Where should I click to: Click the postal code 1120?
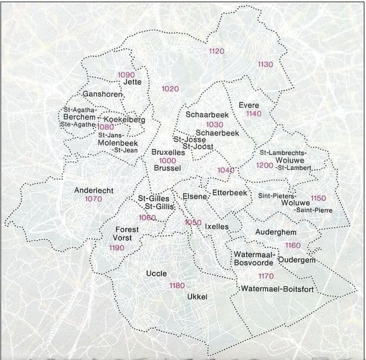(x=217, y=52)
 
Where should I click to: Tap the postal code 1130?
(x=265, y=65)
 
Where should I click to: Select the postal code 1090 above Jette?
(x=126, y=75)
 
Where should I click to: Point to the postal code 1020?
(x=170, y=89)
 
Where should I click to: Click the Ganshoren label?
(x=103, y=94)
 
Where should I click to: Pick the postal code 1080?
(x=105, y=127)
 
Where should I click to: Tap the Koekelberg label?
(x=125, y=120)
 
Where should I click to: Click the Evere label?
(x=249, y=105)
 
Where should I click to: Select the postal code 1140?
(x=253, y=114)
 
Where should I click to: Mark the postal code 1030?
(x=214, y=124)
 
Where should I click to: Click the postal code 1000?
(x=168, y=161)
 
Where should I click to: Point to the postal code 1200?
(x=264, y=165)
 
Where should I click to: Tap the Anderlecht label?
(x=94, y=190)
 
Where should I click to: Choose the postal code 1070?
(x=93, y=199)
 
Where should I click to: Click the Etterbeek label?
(x=229, y=193)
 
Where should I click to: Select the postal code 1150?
(x=318, y=198)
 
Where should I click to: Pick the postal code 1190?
(x=117, y=248)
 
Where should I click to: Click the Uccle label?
(x=156, y=274)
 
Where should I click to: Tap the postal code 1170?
(x=265, y=276)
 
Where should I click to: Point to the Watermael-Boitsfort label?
(x=277, y=289)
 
